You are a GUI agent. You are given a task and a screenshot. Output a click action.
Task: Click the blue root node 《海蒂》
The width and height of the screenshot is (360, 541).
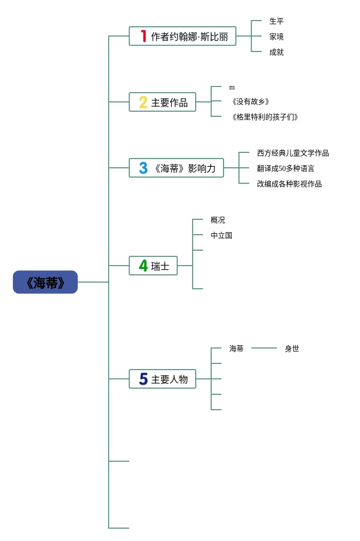tap(45, 282)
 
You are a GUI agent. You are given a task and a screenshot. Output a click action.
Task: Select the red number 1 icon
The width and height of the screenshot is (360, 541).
tap(144, 36)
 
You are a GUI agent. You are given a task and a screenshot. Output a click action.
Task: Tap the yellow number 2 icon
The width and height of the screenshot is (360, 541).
tap(143, 102)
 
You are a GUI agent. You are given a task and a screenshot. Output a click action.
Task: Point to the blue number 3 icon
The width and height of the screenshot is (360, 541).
tap(143, 168)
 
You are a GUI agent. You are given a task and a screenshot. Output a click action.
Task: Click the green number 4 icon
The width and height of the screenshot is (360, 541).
tap(143, 266)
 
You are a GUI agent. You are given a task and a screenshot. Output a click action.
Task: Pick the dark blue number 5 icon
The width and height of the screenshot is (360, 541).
tap(143, 379)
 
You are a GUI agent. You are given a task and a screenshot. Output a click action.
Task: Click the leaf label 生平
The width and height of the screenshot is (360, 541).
tap(277, 21)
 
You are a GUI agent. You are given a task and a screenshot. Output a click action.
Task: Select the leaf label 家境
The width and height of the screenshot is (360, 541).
tap(277, 37)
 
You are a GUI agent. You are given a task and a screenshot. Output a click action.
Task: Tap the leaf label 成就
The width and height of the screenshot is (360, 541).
tap(277, 52)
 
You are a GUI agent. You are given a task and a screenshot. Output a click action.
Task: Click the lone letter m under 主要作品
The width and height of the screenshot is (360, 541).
tap(232, 88)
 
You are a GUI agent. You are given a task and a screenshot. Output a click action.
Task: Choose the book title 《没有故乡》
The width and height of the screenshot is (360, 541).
tap(250, 102)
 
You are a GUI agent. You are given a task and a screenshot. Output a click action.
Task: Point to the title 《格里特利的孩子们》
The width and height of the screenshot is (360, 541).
tap(264, 117)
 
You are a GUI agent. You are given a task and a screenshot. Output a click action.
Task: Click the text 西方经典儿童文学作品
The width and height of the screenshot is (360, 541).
tap(293, 153)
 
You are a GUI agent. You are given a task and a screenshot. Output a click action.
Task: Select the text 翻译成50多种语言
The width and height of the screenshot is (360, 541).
tap(285, 168)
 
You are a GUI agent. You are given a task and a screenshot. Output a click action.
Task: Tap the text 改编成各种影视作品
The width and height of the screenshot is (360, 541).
tap(289, 184)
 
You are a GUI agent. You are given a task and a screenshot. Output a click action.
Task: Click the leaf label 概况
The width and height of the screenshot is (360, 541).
tap(218, 220)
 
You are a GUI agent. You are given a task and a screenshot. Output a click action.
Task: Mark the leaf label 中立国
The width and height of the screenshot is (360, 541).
tap(221, 235)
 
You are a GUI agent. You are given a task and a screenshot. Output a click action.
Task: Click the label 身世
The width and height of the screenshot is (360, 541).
tap(292, 348)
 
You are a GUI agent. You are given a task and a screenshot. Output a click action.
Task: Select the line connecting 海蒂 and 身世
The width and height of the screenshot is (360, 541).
tap(264, 348)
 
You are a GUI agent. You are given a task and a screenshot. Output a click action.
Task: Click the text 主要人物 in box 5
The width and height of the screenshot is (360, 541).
tap(169, 379)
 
